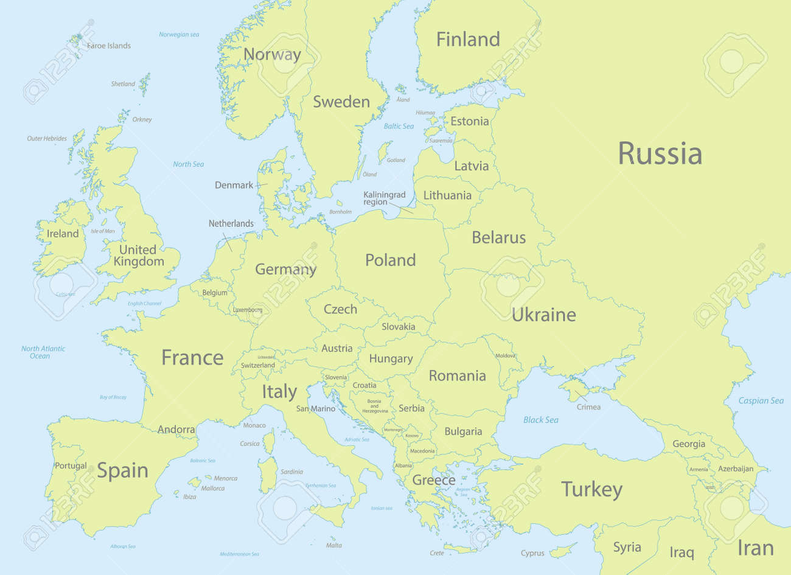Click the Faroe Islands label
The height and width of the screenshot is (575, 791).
coord(108,46)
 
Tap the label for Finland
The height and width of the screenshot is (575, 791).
coord(468,40)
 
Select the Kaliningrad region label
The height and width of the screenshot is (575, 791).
coord(384,198)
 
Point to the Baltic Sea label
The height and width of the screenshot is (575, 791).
coord(399,126)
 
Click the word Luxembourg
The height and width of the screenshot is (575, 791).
coord(247,310)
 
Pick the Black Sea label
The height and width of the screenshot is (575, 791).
coord(540,420)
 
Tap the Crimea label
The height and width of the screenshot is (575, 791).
coord(588,407)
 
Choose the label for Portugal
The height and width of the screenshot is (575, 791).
coord(71,466)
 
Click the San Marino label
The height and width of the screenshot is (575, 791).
coord(315,409)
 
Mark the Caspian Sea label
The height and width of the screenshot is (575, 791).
coord(761,400)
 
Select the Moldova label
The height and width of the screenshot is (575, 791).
coord(505,355)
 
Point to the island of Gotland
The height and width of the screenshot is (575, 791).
coord(383,152)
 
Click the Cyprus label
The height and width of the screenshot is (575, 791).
coord(532,553)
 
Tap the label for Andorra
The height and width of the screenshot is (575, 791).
coord(176,430)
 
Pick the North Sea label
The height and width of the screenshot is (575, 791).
coord(188,164)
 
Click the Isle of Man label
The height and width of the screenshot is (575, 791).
coord(102,231)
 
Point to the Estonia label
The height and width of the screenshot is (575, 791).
coord(469,121)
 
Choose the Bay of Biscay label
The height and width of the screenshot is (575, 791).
coord(113,397)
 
